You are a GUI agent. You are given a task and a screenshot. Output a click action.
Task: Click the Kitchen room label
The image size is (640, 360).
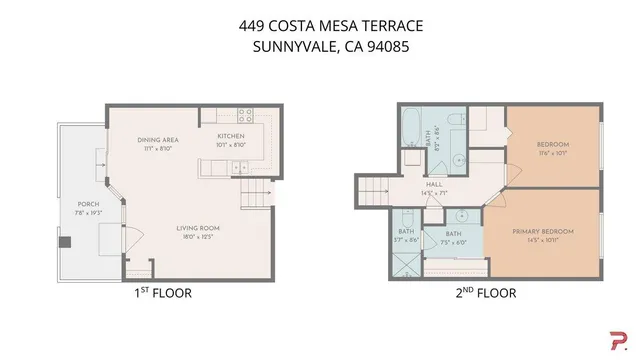[231, 136]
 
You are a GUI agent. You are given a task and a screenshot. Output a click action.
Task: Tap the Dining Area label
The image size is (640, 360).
[158, 139]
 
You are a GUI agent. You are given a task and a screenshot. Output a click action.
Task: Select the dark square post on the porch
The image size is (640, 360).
[66, 241]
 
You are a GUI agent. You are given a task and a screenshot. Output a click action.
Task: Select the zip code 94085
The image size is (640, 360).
[384, 46]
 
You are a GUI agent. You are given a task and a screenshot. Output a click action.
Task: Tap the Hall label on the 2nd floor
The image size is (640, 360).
[433, 184]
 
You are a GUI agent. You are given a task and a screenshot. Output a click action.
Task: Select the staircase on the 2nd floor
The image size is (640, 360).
[375, 187]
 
